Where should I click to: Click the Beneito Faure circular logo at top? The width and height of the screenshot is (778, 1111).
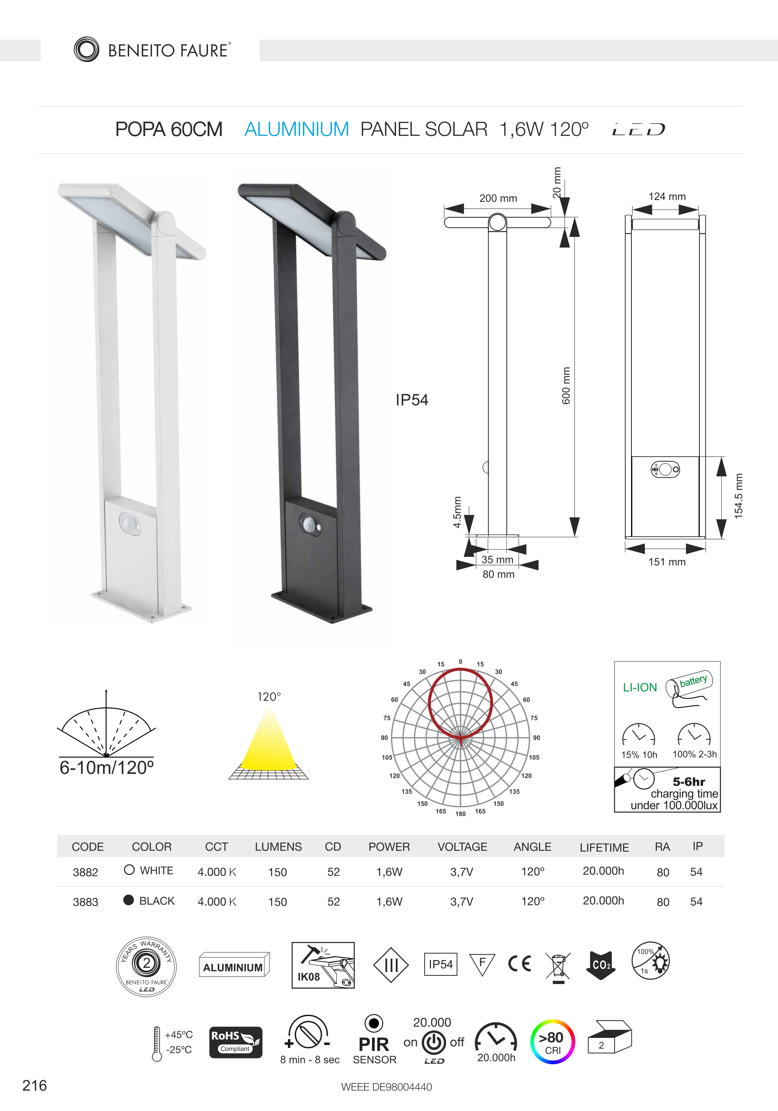pos(87,49)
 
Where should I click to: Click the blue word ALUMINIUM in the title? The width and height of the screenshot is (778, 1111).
pos(297,129)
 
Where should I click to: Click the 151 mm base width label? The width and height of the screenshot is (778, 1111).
pos(667,562)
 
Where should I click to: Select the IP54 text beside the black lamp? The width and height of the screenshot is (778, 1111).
pos(412,400)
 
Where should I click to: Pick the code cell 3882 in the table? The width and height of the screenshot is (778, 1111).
pos(86,872)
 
